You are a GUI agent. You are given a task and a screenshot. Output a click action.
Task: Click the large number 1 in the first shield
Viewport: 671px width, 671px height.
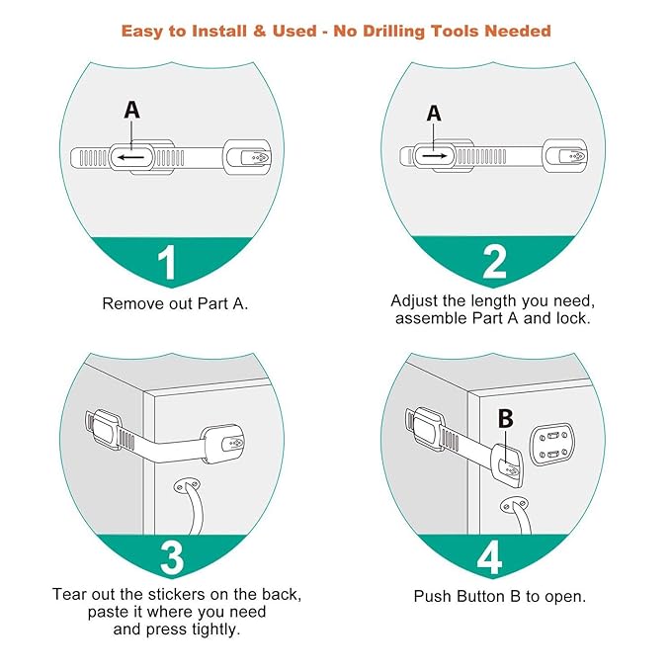tap(167, 264)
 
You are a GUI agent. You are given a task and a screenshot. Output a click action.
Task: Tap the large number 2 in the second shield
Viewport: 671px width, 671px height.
tap(494, 262)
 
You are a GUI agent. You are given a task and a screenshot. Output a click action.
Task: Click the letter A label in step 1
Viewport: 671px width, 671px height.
tap(131, 111)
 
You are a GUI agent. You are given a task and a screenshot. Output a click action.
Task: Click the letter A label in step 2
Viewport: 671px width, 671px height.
tap(433, 114)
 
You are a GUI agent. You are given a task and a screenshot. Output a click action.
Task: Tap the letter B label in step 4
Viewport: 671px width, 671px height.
tap(505, 419)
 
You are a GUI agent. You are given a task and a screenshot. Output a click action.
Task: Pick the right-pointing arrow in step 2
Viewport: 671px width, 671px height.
tap(434, 156)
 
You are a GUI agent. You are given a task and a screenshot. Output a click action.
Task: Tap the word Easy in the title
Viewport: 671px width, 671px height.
tap(145, 31)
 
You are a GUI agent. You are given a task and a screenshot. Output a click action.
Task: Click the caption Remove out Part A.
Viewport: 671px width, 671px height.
tap(175, 303)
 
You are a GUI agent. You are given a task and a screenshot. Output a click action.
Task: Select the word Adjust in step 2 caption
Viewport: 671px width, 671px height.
tap(414, 300)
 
